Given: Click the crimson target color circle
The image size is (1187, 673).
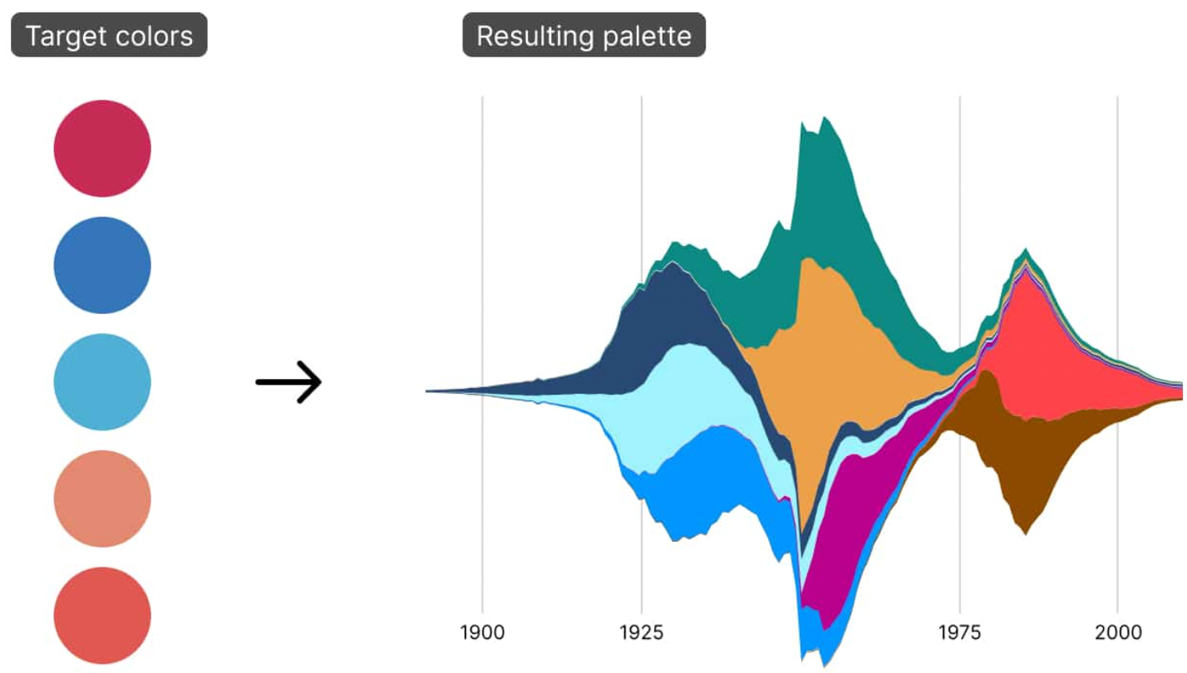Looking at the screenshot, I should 102,149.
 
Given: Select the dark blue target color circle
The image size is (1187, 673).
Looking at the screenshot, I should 102,265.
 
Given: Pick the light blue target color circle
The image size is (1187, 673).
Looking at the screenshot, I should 102,382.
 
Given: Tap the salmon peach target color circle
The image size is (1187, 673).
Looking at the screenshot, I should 102,499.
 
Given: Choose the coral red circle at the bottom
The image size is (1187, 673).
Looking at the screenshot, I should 102,616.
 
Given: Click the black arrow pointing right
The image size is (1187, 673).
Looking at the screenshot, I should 288,382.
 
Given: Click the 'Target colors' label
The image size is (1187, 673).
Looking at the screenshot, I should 109,36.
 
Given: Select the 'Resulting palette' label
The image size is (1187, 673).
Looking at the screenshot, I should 584,36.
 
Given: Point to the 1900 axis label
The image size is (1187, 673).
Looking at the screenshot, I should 482,633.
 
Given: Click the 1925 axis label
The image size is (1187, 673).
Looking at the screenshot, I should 641,633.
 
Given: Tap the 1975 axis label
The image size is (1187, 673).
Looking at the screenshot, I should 959,633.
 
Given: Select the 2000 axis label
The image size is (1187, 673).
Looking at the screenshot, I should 1117,633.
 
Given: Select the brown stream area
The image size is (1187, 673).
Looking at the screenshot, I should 1031,465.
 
